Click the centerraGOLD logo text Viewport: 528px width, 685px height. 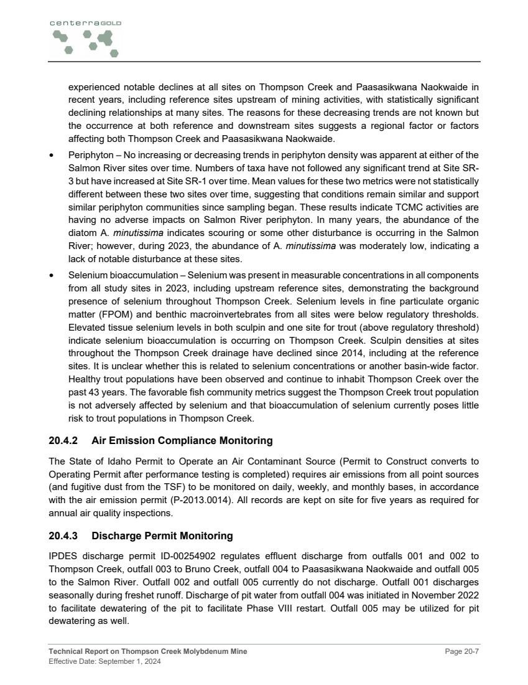click(x=85, y=23)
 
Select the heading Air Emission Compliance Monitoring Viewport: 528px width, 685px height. click(x=182, y=441)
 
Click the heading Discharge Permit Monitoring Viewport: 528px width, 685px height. click(x=162, y=536)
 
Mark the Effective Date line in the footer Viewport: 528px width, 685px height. click(x=104, y=661)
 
